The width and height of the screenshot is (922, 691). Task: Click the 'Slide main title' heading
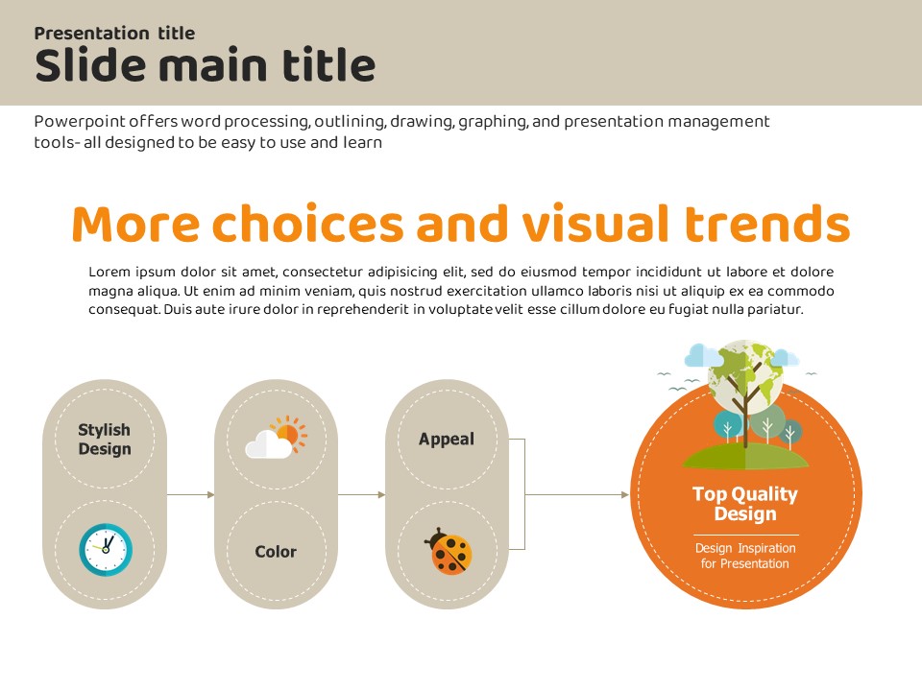[205, 64]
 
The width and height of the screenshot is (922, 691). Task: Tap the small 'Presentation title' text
[114, 33]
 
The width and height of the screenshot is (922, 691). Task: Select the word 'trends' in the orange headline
[768, 224]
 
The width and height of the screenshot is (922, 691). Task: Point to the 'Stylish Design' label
[105, 439]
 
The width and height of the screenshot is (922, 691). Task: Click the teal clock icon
[106, 549]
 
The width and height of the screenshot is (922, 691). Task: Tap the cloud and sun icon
[277, 438]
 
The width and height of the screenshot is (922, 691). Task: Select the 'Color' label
[276, 551]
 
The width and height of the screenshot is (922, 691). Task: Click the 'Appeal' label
[447, 439]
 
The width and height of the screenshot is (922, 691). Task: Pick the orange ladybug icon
[449, 551]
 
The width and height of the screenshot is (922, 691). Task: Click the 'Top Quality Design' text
[745, 504]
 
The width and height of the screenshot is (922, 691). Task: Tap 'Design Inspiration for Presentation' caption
[745, 556]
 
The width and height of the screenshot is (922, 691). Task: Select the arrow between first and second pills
[190, 495]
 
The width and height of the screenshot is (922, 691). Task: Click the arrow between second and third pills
[362, 495]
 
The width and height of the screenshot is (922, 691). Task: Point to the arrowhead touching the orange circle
[625, 495]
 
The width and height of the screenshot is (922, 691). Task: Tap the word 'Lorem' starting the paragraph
[109, 272]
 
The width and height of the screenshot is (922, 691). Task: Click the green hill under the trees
[745, 456]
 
